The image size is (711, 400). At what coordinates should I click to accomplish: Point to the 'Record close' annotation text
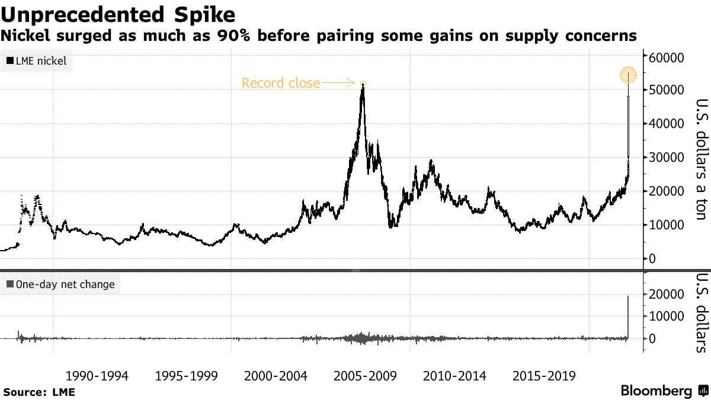pos(280,83)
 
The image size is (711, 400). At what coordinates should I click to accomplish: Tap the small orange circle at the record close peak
pos(363,84)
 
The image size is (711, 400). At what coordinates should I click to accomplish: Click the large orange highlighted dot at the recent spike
pos(628,75)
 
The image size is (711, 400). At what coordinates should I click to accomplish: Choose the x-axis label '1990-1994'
pos(97,376)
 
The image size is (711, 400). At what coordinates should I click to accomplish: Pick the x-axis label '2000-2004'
pos(276,376)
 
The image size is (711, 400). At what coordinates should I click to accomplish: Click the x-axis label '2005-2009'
pos(366,376)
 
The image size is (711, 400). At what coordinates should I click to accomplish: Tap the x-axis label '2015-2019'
pos(544,376)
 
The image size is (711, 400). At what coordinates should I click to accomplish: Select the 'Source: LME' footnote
pos(39,392)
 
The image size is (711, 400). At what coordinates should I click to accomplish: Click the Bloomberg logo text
pos(656,391)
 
